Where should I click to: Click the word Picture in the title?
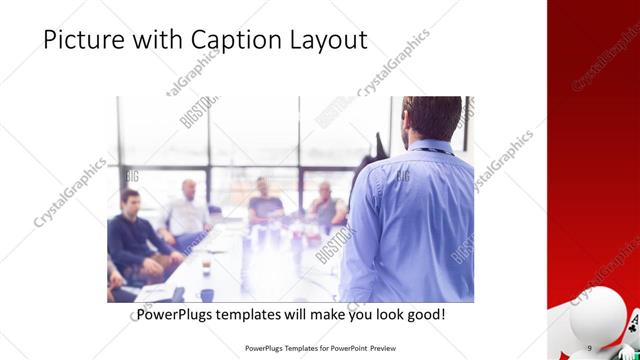[79, 40]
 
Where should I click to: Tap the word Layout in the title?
[319, 40]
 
